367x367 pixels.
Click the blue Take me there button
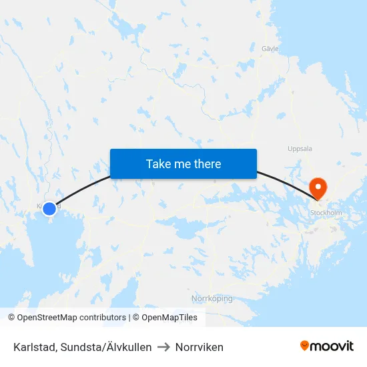(x=183, y=163)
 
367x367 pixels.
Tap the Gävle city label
(x=270, y=49)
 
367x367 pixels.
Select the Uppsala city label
(x=300, y=149)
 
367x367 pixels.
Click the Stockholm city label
(x=326, y=213)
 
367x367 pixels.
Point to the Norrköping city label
(x=212, y=298)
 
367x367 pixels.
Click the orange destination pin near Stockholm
(x=318, y=188)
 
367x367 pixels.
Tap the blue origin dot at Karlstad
(x=49, y=209)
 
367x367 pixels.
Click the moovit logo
(x=326, y=346)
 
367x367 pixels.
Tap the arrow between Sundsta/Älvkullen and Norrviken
(x=163, y=347)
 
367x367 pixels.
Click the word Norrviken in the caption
(x=199, y=347)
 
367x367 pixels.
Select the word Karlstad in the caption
(x=33, y=347)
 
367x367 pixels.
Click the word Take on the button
(x=158, y=163)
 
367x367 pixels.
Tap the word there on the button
(x=207, y=163)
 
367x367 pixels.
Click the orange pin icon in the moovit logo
(x=305, y=346)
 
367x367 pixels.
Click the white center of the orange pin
(x=318, y=185)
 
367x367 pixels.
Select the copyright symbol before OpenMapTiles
(x=136, y=318)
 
